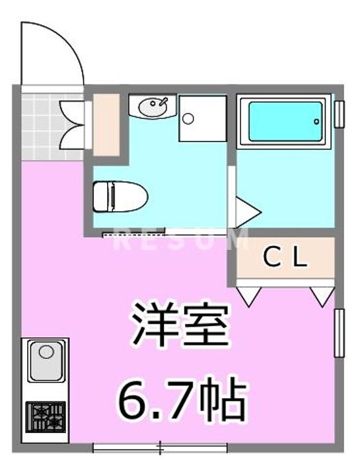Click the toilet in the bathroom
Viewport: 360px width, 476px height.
coord(120,196)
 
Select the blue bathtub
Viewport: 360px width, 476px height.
coord(285,122)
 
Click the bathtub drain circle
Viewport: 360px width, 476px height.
coord(316,122)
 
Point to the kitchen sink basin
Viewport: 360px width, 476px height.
coord(46,360)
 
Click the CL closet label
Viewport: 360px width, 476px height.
coord(285,257)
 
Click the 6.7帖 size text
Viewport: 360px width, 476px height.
coord(182,397)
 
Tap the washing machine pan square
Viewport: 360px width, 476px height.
coord(203,118)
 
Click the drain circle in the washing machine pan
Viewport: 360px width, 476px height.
coord(188,118)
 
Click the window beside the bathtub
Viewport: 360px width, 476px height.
coord(340,114)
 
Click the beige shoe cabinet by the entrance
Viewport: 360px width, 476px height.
coord(106,125)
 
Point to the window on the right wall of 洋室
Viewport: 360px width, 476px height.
coord(340,333)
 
